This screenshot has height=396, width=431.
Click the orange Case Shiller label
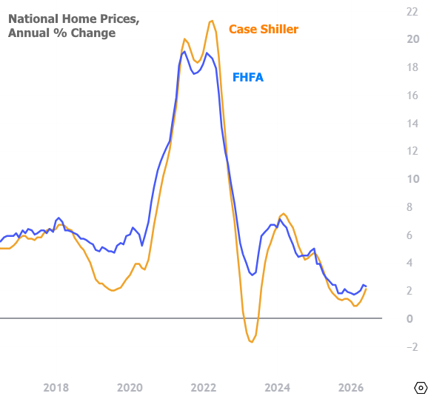tap(264, 29)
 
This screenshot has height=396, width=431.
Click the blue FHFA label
tap(248, 77)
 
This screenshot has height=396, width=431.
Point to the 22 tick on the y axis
tap(412, 12)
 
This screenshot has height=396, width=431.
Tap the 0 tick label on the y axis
tap(410, 319)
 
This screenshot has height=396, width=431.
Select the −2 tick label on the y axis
tap(412, 347)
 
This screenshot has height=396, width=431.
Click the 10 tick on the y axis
tap(412, 179)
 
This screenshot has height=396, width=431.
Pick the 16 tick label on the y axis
tap(412, 95)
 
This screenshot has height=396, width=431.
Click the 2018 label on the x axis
tap(56, 388)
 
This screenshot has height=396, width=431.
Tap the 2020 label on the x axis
tap(130, 388)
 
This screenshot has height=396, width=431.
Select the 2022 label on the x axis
tap(204, 388)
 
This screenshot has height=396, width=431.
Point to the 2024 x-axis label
tap(277, 388)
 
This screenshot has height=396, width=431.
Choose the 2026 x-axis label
tap(351, 388)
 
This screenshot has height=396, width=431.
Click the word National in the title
tap(33, 19)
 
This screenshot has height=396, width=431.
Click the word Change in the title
tap(93, 33)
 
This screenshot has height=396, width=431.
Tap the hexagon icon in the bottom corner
tap(421, 389)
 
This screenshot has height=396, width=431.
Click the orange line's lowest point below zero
tap(252, 342)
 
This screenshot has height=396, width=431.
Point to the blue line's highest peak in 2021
tap(184, 51)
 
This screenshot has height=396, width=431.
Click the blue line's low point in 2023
tap(253, 275)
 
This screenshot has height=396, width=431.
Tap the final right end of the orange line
tap(366, 289)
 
